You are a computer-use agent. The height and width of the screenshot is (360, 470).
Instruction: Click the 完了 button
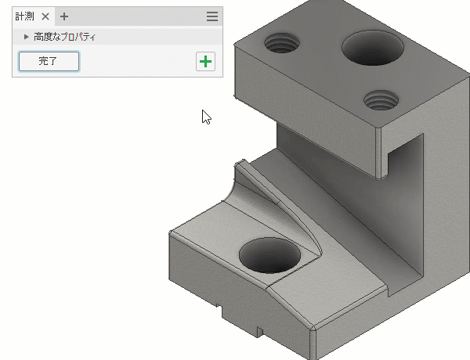point(49,61)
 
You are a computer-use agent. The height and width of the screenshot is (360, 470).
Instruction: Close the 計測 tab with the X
point(45,16)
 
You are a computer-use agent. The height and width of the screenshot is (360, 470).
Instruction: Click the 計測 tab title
point(24,16)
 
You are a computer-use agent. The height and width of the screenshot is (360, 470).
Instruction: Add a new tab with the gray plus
point(64,16)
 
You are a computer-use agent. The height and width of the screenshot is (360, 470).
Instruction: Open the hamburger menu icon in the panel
point(212,16)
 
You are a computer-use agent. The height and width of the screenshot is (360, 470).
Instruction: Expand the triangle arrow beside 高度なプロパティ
point(27,37)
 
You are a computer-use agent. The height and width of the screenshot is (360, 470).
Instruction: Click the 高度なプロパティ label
point(64,37)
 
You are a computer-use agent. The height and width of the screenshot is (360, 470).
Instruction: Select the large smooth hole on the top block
point(373,47)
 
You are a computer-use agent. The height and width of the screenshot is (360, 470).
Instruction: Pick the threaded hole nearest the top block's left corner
point(282,43)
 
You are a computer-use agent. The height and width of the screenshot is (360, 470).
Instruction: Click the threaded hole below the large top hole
point(381,100)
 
